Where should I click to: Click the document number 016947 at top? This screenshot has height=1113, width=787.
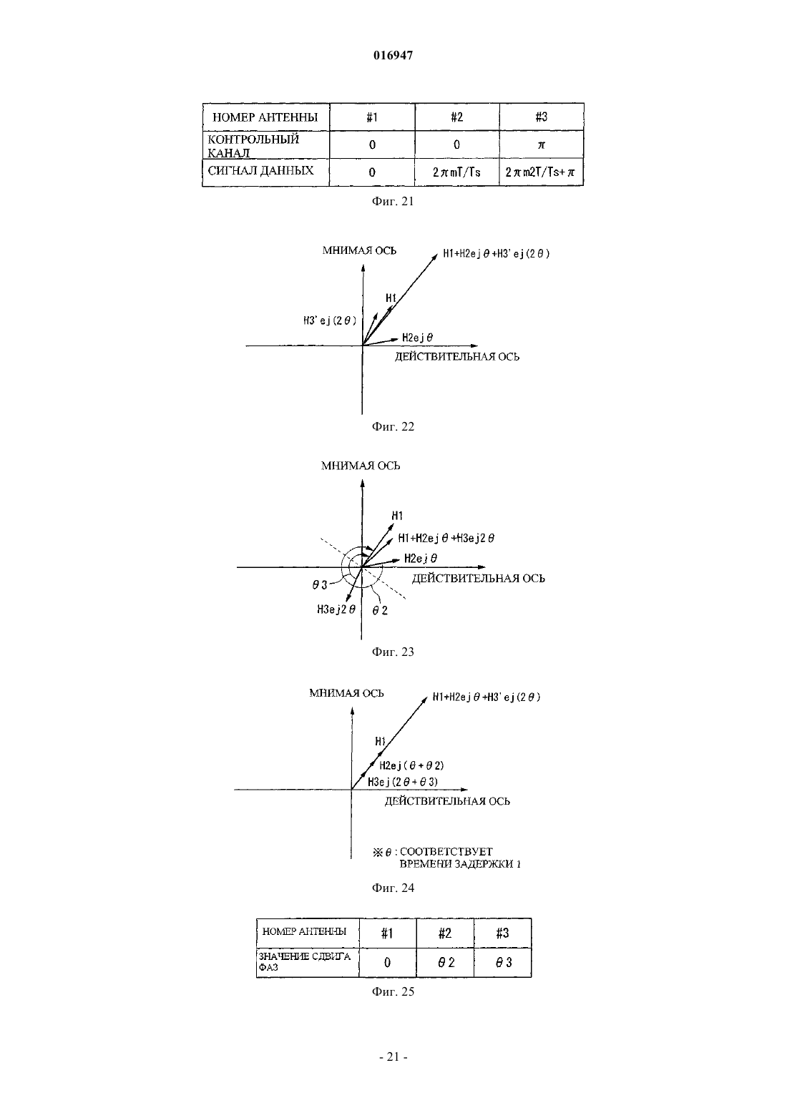393,55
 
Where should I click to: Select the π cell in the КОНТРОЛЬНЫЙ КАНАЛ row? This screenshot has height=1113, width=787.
542,144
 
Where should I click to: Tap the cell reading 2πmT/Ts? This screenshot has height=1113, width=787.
456,172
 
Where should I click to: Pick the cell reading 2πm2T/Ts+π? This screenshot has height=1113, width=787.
541,172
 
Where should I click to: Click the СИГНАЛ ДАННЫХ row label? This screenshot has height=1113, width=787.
261,170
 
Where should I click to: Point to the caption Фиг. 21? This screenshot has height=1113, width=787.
393,201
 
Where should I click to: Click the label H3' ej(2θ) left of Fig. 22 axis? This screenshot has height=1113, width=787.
330,320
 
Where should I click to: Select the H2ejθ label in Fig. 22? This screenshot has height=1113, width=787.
417,338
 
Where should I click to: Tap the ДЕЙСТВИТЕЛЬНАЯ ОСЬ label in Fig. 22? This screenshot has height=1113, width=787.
457,357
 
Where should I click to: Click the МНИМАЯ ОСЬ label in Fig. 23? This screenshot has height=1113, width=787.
360,466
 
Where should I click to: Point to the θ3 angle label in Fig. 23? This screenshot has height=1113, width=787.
320,585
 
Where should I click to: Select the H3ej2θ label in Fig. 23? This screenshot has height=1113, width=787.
336,609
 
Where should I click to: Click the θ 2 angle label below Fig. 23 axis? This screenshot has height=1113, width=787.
380,610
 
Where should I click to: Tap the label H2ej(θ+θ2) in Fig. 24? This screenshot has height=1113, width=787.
411,765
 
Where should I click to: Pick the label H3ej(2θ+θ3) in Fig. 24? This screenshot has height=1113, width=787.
402,782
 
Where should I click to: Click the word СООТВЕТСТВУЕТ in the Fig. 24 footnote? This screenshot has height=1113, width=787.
446,851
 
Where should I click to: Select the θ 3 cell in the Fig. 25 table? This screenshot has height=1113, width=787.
503,963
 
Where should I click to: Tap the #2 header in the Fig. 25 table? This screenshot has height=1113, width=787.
445,933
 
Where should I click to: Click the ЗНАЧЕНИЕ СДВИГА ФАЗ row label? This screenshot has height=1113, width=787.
304,962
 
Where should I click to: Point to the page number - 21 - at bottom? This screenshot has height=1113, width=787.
393,1056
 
